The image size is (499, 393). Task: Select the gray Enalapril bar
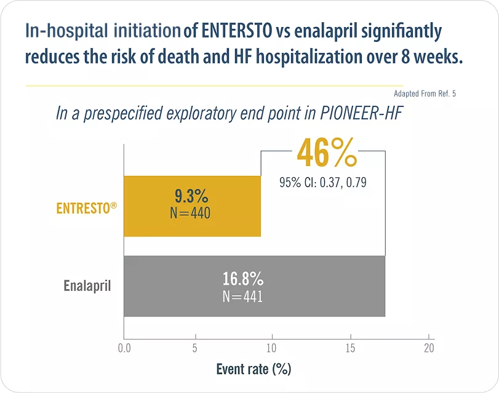point(308,287)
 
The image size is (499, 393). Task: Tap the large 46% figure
point(326,154)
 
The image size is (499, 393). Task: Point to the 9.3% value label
point(191,197)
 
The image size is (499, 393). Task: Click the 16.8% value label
point(242,279)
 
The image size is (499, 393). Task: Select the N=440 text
point(191,213)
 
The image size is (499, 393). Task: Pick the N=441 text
point(242,296)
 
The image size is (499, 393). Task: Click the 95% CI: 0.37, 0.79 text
point(323,183)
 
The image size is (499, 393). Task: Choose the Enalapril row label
point(87,286)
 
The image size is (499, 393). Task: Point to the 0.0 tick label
point(124,348)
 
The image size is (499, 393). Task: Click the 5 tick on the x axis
point(196,348)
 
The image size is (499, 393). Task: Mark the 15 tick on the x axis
point(351,348)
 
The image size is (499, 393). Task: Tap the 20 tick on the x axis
point(429,348)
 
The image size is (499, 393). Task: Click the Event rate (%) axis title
point(253,369)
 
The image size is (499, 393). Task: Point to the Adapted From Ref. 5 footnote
point(425,94)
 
